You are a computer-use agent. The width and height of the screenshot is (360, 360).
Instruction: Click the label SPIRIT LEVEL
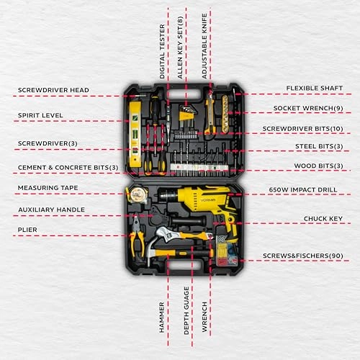click(x=40, y=115)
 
